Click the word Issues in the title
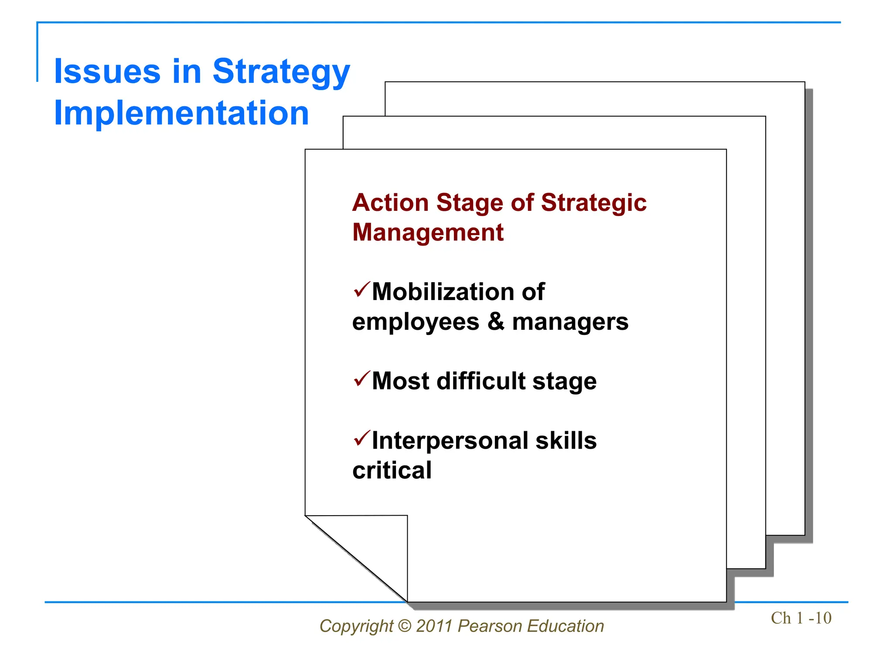tap(107, 72)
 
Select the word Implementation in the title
tap(181, 113)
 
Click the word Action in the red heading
tap(391, 203)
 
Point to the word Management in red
tap(428, 233)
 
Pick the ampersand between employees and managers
tap(495, 322)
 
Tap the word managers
tap(570, 323)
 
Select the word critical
tap(392, 471)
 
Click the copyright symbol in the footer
tap(405, 626)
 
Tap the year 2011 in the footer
tap(434, 626)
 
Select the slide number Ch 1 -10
tap(801, 618)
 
